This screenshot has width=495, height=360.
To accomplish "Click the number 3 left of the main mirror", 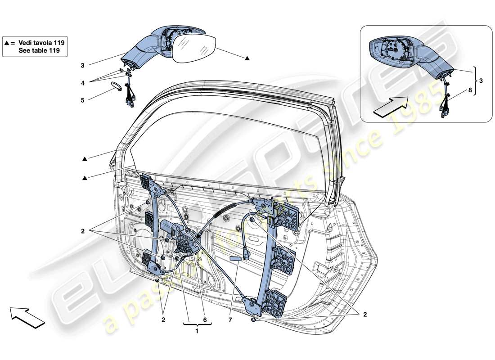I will [x=83, y=65].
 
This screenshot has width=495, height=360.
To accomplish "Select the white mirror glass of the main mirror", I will [x=194, y=47].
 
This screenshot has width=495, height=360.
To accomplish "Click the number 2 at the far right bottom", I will [x=365, y=315].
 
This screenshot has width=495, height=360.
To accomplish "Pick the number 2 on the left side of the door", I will [x=83, y=231].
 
